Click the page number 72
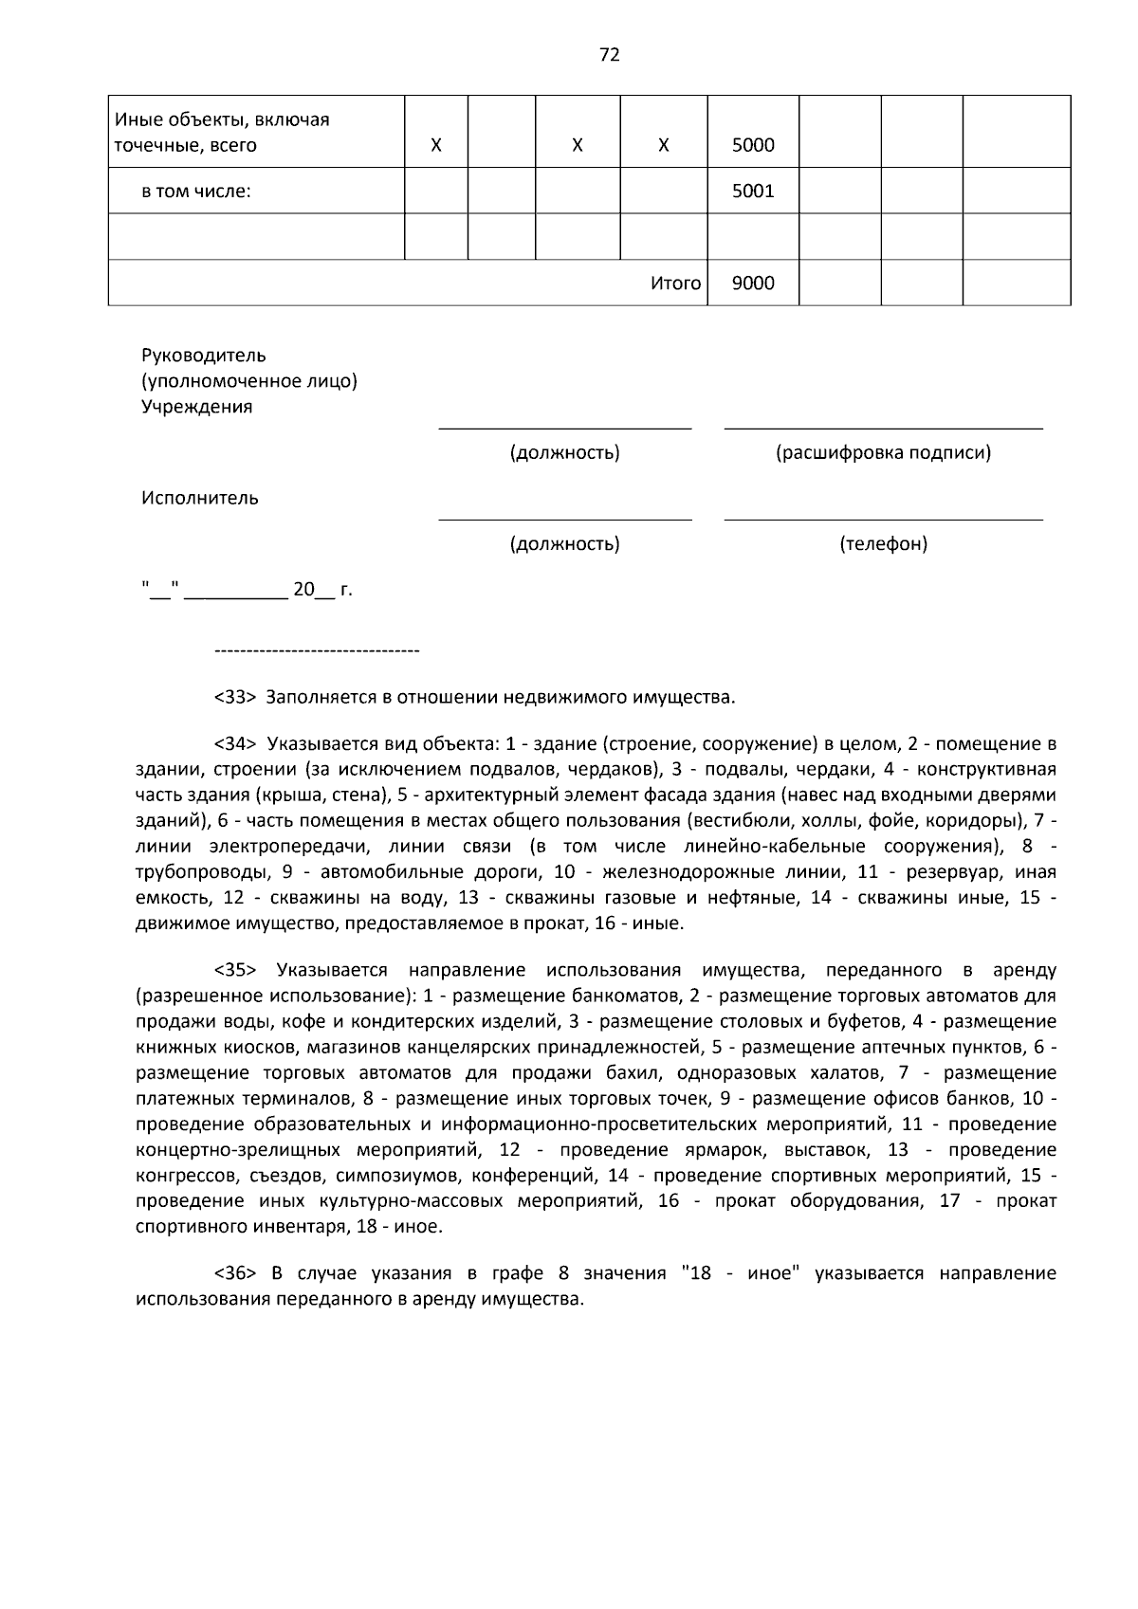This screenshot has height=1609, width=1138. point(610,55)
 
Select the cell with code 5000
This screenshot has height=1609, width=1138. point(753,145)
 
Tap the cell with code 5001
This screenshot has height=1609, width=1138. point(753,191)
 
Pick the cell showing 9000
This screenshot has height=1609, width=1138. point(753,283)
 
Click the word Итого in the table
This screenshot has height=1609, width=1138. point(675,283)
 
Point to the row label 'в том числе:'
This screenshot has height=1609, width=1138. point(196,192)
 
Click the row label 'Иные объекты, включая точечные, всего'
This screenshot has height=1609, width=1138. point(222,133)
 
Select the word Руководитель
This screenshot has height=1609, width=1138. point(204,356)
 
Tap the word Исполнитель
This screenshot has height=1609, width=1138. point(200,498)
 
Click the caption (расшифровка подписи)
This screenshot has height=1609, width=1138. point(883,452)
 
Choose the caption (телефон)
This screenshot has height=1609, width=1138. point(883,543)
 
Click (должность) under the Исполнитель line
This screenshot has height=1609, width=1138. point(564,543)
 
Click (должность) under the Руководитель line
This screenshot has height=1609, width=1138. point(564,452)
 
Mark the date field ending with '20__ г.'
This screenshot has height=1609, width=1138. point(247,590)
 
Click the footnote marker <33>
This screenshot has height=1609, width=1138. point(235,698)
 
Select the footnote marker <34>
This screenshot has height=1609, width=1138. point(235,742)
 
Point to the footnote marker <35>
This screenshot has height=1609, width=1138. point(235,970)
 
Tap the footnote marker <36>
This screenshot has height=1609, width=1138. point(235,1272)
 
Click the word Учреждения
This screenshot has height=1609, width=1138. point(197,407)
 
